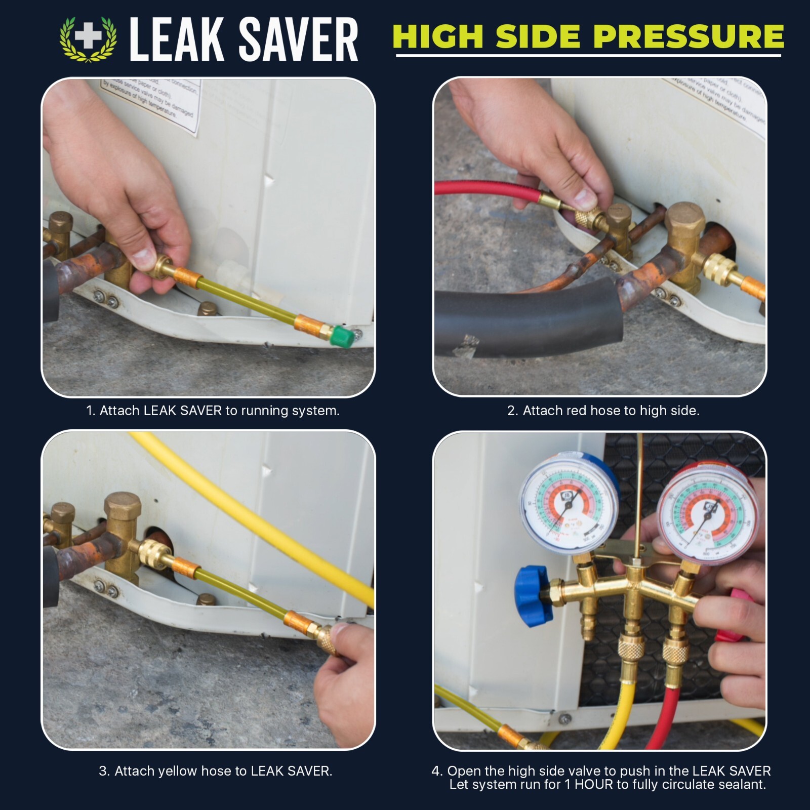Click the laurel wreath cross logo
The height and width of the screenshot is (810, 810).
tap(89, 39)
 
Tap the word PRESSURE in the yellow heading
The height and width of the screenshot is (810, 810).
tap(688, 36)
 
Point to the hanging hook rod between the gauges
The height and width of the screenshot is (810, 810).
tap(639, 496)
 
